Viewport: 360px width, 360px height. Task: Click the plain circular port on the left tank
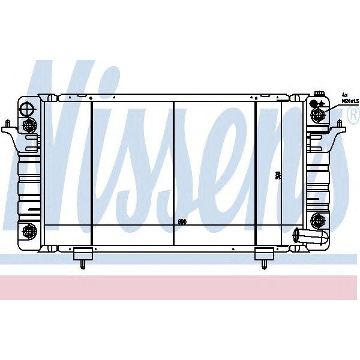(x=26, y=108)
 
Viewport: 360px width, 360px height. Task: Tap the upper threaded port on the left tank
(x=28, y=125)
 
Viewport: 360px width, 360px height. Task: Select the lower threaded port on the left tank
(x=28, y=231)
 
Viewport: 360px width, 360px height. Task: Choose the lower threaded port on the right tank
(x=317, y=218)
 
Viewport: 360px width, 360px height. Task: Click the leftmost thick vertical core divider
(x=91, y=173)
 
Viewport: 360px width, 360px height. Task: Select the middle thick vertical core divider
(x=173, y=173)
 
